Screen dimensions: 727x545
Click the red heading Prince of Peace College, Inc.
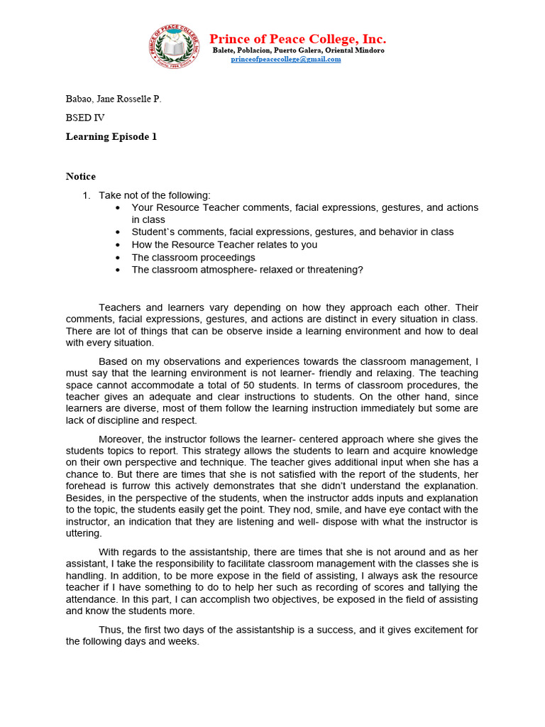(x=297, y=38)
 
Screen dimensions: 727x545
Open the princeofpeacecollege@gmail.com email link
(x=286, y=60)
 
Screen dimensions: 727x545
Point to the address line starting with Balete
(x=299, y=50)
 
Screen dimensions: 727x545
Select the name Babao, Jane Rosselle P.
(x=114, y=99)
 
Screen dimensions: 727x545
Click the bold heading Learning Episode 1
(x=111, y=137)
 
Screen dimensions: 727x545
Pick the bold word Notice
(x=81, y=176)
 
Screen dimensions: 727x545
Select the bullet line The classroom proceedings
(x=194, y=257)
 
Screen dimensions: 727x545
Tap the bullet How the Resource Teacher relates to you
(x=224, y=245)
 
